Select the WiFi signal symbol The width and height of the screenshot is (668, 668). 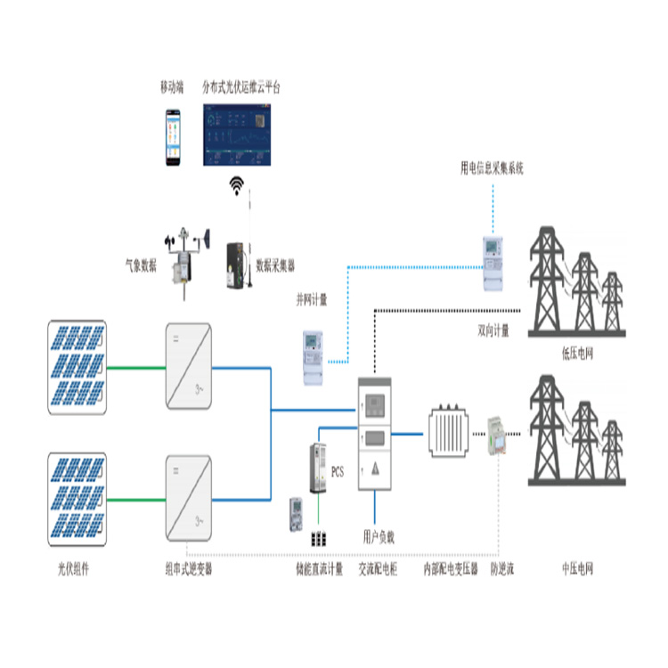pos(237,185)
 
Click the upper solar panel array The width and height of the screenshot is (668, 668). pos(77,366)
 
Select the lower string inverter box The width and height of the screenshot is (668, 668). pos(188,498)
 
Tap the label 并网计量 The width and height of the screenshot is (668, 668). pos(312,300)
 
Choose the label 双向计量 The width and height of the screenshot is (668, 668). pos(493,330)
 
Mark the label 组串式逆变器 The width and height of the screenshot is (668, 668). pos(189,567)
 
